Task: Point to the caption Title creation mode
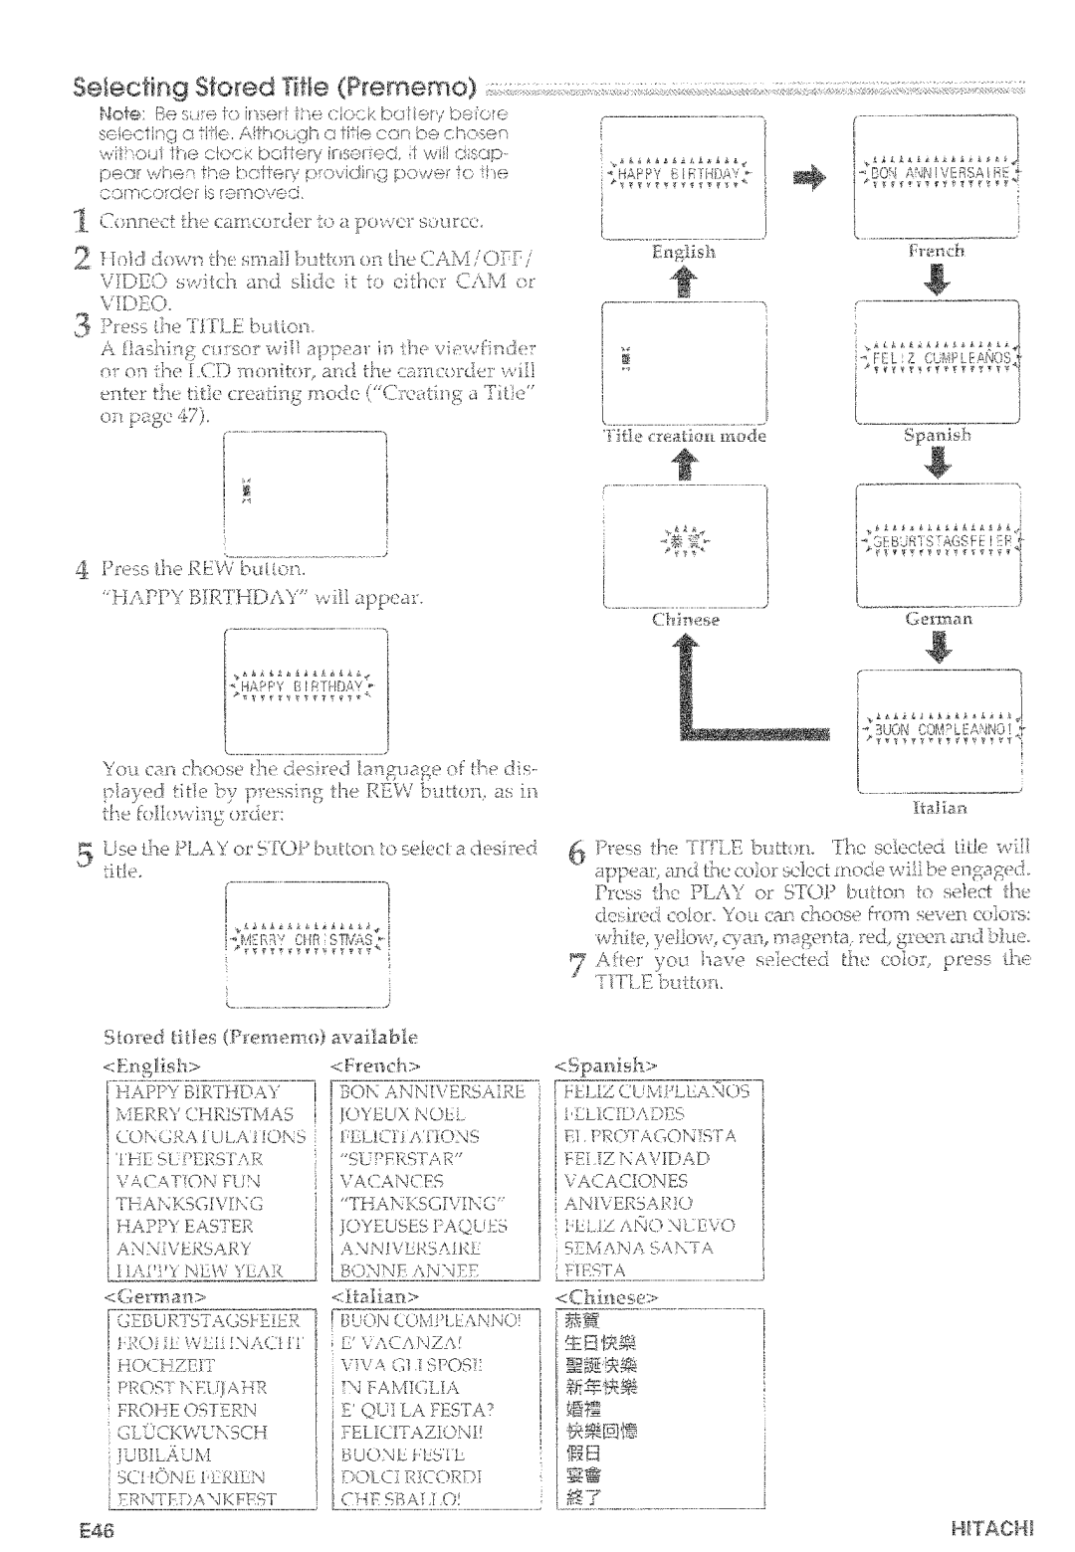(684, 436)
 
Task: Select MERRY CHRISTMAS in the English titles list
(205, 1113)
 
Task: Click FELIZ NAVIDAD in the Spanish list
(636, 1158)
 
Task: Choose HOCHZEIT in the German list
(165, 1365)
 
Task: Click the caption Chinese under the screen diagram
(685, 619)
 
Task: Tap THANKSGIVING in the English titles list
(189, 1203)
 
